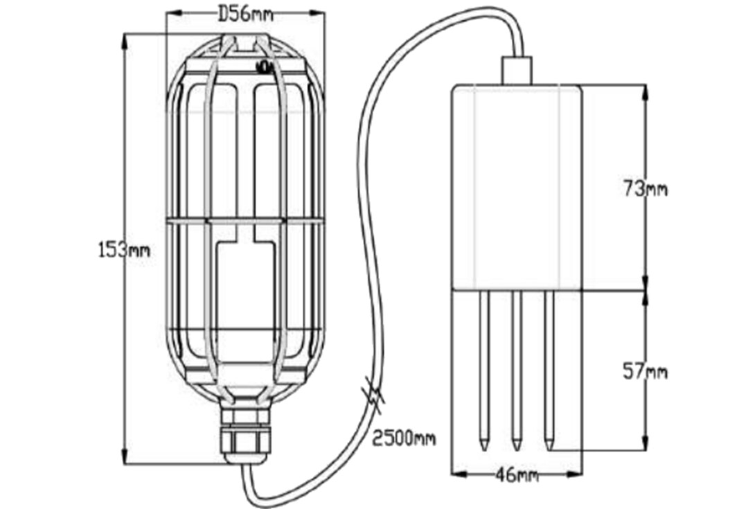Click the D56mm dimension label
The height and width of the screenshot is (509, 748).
click(244, 14)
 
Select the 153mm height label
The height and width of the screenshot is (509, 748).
click(123, 249)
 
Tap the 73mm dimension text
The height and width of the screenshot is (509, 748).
click(645, 188)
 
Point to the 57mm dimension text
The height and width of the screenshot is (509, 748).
click(645, 372)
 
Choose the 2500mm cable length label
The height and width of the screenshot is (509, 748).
click(404, 438)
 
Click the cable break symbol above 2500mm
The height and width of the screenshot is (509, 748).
click(374, 400)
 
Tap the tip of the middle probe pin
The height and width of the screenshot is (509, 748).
click(517, 445)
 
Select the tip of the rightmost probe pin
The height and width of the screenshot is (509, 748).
click(549, 445)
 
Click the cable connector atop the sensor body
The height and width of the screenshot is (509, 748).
click(517, 71)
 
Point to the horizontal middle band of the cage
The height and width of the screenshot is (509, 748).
click(244, 222)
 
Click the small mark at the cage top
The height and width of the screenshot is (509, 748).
click(263, 66)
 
